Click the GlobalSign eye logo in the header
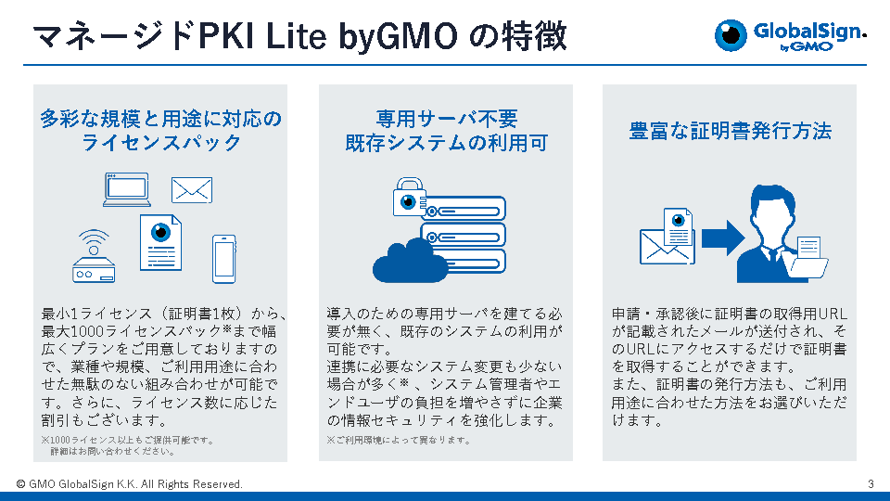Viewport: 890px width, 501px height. [x=730, y=35]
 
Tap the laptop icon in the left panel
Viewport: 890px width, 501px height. [x=127, y=189]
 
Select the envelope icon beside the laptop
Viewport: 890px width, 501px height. [x=192, y=190]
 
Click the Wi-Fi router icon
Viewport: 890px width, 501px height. [x=94, y=256]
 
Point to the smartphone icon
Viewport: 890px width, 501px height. [x=223, y=259]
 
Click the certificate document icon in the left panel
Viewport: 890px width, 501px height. [x=160, y=242]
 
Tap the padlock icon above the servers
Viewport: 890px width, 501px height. [x=409, y=197]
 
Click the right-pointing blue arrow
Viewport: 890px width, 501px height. [x=723, y=238]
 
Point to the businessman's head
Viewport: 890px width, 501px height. [x=772, y=212]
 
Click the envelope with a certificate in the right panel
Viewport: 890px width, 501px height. [x=667, y=237]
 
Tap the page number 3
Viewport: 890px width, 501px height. [x=871, y=484]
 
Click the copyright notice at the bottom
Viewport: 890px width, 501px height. [x=130, y=484]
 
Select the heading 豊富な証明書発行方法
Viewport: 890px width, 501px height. [x=730, y=131]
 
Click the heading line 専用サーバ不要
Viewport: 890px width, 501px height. [x=446, y=119]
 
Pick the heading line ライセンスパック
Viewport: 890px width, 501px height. [x=161, y=143]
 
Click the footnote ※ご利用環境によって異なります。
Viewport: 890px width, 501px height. [x=399, y=440]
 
